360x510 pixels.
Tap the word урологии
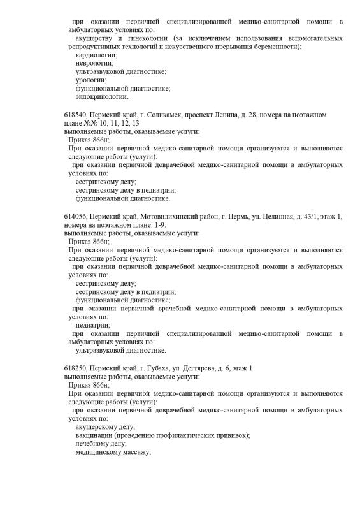88,80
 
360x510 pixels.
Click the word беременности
277,47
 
